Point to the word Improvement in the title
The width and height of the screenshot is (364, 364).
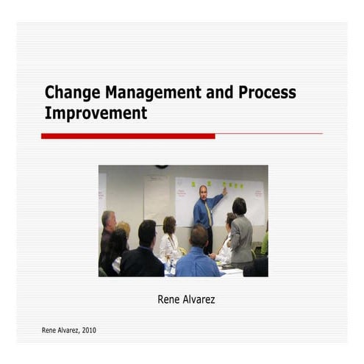(96, 113)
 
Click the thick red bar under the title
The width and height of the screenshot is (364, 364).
(128, 136)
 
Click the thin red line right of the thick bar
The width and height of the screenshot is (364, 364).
(268, 134)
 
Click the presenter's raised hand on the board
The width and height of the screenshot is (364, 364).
(224, 192)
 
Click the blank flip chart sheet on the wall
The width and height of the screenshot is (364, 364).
(156, 199)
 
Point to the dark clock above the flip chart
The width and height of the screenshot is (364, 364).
(161, 167)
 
